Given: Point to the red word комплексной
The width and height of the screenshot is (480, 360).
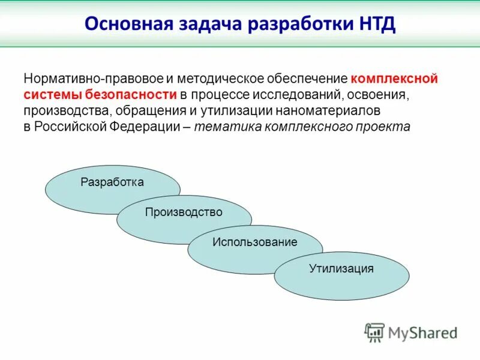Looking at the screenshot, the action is pyautogui.click(x=394, y=79).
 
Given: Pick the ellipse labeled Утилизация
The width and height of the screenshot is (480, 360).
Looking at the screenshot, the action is pyautogui.click(x=342, y=276).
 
